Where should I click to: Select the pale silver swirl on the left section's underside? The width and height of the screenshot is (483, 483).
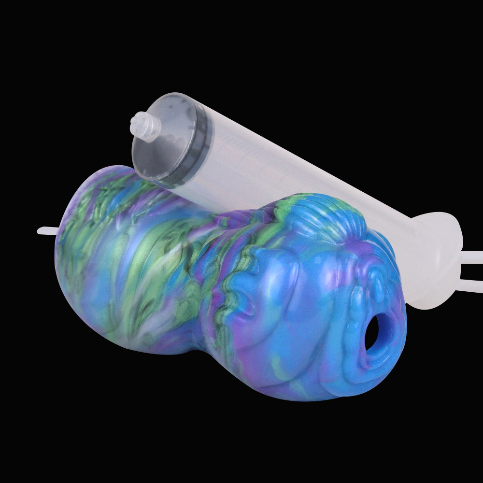145,338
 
